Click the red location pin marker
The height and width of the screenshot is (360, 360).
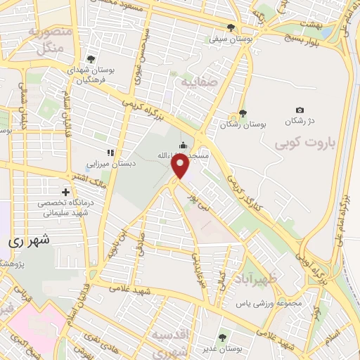coord(181,166)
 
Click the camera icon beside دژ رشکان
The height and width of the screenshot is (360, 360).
coord(300,110)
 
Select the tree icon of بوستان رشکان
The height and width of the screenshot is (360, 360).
coord(243,113)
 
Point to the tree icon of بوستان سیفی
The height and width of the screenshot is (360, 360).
coord(231,27)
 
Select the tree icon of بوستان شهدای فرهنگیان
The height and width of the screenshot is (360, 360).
coord(89,60)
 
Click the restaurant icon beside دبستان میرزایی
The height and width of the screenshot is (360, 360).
coord(109,152)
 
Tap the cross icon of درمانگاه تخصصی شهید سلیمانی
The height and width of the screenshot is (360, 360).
coord(65,191)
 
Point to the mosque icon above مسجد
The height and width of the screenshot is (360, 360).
coord(183,146)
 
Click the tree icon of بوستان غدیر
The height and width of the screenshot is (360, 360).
coord(224,337)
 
